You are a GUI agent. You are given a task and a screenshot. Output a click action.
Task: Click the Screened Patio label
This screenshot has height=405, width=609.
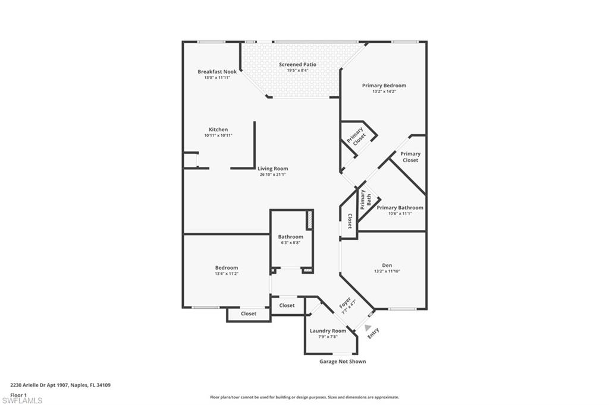click(297, 64)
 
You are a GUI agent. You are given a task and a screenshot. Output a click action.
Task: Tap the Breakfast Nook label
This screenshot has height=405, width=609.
click(217, 72)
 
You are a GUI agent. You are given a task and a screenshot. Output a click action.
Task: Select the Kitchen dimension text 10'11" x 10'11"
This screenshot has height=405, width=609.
click(218, 135)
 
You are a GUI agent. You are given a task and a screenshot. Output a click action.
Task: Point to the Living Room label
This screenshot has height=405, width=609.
click(272, 169)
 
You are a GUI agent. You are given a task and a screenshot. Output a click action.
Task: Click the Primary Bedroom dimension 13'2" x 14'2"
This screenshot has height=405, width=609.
click(384, 91)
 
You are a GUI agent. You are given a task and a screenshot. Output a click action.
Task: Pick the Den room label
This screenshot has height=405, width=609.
click(387, 265)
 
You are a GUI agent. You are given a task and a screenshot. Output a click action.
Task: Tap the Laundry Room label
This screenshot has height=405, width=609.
click(328, 331)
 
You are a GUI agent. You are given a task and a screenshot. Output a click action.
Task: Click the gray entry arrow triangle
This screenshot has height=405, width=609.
click(368, 328)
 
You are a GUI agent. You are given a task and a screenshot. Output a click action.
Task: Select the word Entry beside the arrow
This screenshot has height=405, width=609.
click(373, 333)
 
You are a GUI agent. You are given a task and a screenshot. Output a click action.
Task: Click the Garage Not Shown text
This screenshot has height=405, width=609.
click(343, 362)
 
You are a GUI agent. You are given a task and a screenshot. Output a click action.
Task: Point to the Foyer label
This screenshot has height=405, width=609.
click(345, 303)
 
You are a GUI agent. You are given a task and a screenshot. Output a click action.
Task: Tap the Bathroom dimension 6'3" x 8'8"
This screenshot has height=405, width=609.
click(290, 243)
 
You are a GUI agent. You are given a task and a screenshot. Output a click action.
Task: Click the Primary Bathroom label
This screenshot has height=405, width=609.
click(400, 208)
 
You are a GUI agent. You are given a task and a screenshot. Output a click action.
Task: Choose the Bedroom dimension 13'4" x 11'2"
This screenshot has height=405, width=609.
click(227, 274)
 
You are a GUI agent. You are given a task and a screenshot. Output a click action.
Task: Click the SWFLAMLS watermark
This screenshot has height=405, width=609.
click(22, 400)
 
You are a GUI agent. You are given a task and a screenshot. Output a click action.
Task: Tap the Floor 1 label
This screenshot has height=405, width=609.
click(18, 395)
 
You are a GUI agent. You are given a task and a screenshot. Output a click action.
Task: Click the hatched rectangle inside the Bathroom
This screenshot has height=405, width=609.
click(310, 220)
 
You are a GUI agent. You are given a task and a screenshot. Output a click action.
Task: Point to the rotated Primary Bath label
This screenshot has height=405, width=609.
click(366, 200)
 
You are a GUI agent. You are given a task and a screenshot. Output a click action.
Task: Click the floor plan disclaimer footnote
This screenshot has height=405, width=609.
click(304, 397)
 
